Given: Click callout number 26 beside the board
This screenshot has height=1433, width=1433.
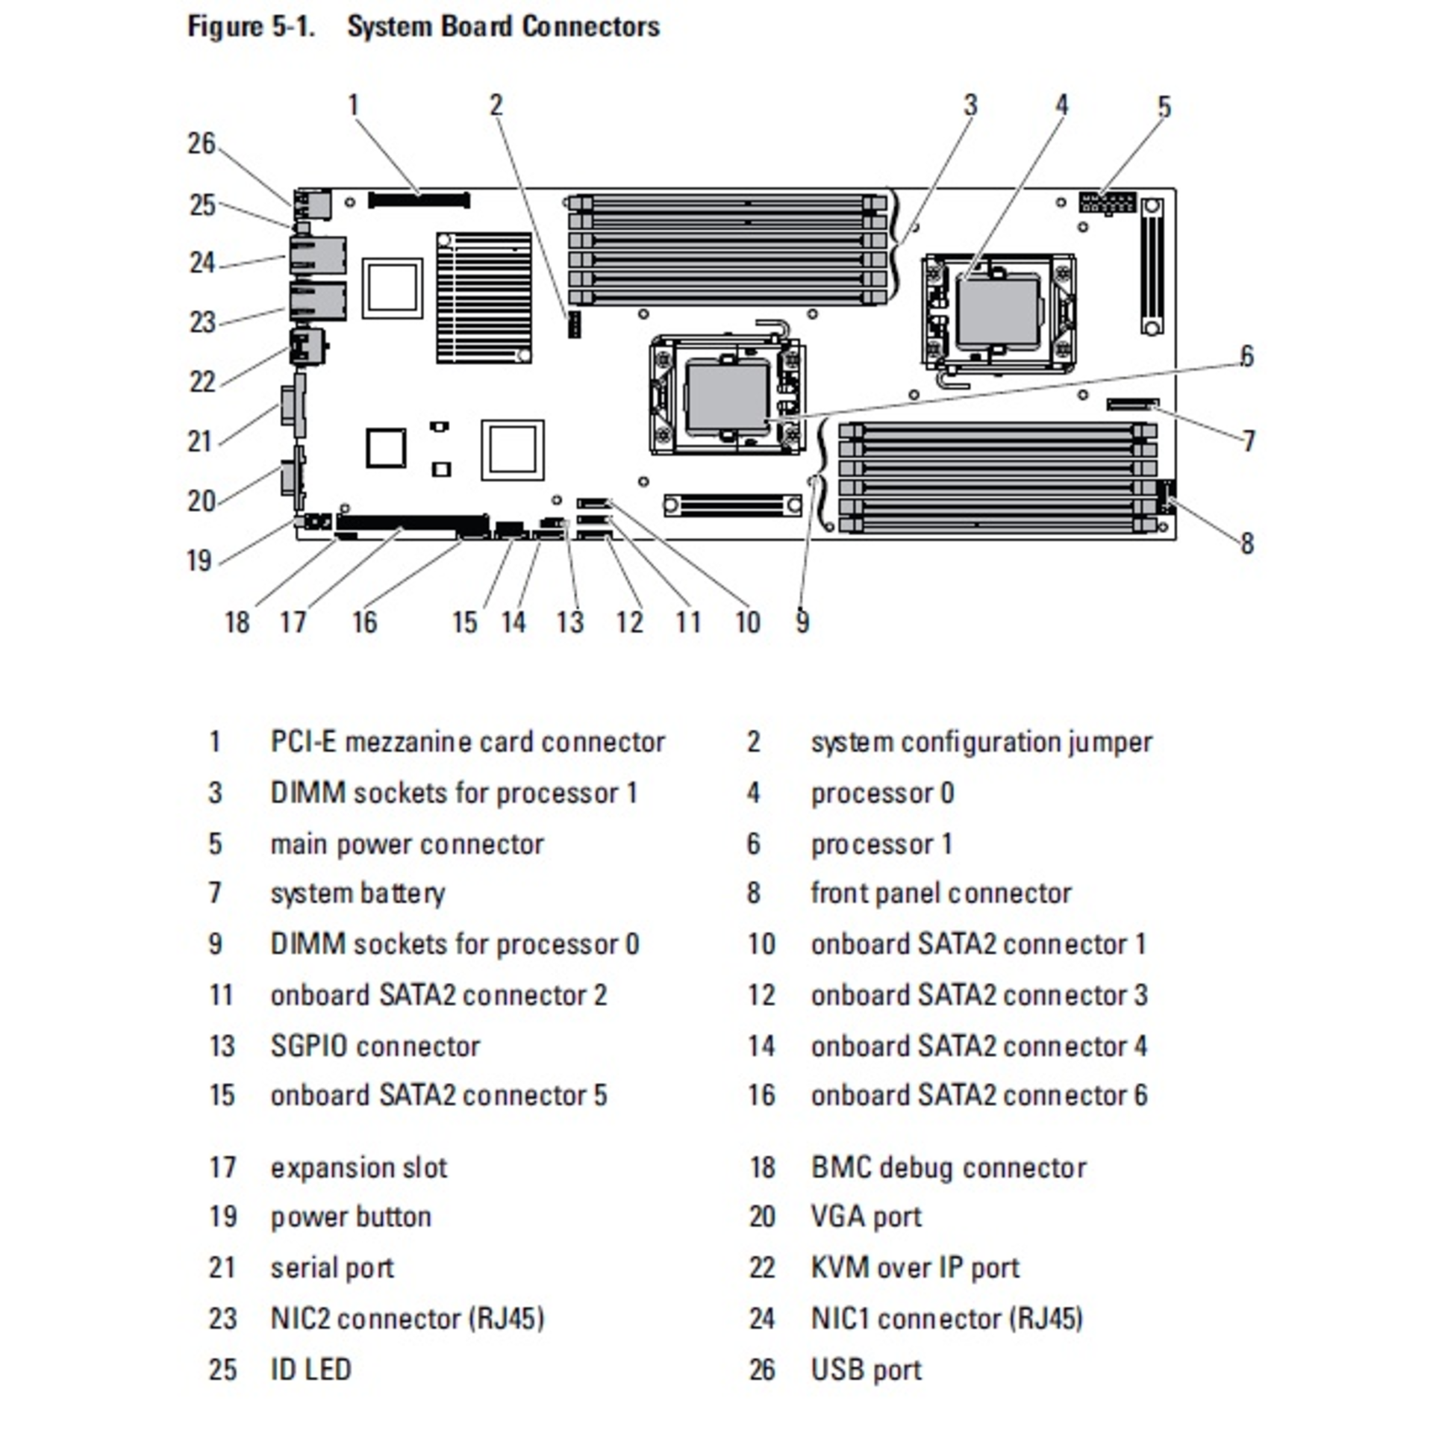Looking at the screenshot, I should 201,143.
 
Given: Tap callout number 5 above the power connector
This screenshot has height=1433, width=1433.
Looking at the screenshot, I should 1164,107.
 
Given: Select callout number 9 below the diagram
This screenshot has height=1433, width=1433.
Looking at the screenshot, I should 802,621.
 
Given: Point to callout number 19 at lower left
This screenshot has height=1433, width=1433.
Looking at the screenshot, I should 199,561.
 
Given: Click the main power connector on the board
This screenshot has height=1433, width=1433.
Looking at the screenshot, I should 1107,202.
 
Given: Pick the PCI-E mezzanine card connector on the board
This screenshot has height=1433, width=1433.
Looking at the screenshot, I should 419,200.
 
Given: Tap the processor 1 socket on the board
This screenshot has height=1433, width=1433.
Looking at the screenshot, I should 728,396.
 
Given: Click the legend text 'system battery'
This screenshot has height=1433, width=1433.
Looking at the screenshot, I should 358,893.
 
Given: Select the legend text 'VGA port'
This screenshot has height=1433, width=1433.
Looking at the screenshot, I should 866,1217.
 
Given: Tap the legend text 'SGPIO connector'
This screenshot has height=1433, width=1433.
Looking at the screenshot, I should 375,1046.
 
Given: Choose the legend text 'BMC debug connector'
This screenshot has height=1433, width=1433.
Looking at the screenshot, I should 948,1167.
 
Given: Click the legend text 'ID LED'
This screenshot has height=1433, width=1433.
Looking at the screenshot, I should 310,1370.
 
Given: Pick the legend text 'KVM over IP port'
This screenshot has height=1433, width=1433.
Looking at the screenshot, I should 914,1267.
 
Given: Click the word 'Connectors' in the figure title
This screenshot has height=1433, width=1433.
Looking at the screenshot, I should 590,27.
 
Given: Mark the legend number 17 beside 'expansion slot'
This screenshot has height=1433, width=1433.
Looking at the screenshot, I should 222,1167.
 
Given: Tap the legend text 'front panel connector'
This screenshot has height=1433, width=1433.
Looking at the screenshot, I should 940,893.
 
